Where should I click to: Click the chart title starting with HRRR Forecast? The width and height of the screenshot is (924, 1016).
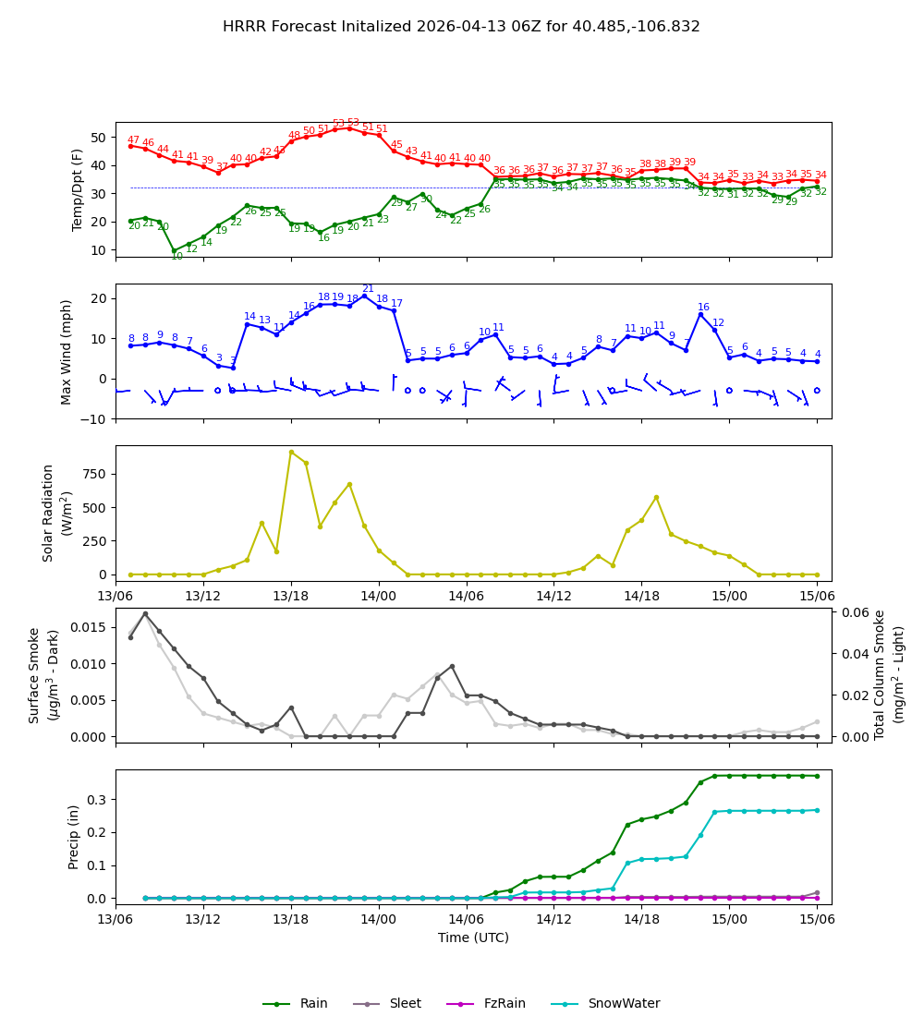(x=461, y=27)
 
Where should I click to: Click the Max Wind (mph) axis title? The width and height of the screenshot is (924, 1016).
(x=67, y=352)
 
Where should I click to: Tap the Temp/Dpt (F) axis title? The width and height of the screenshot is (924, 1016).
(x=79, y=189)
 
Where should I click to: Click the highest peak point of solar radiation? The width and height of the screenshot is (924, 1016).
(x=291, y=452)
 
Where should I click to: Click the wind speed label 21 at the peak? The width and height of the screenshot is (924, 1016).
(x=368, y=289)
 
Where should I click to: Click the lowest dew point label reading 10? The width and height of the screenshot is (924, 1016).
(x=176, y=257)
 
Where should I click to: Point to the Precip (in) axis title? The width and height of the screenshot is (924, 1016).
(x=74, y=837)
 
